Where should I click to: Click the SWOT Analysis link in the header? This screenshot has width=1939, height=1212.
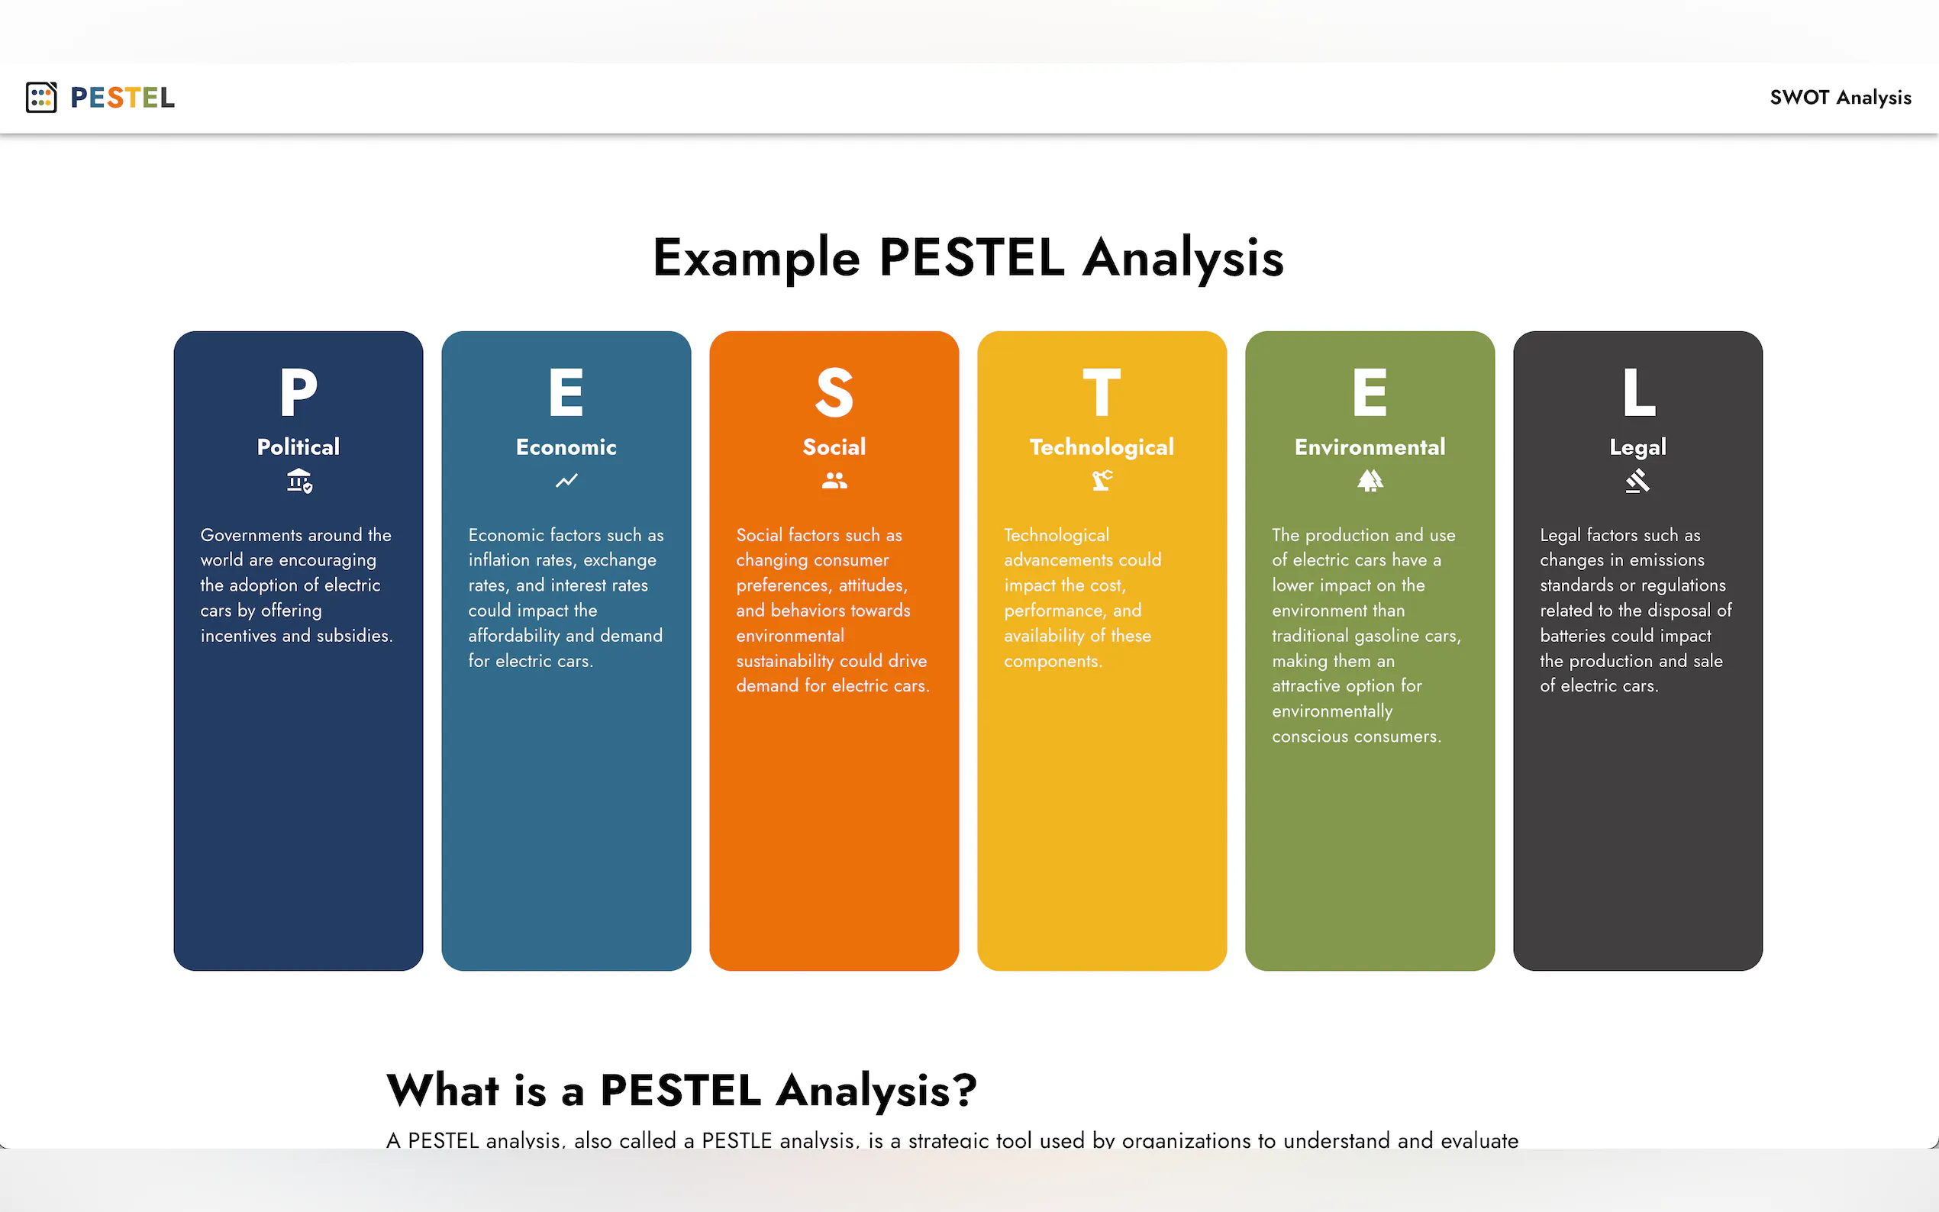click(x=1840, y=98)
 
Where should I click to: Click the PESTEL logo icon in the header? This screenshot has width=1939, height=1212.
click(x=41, y=97)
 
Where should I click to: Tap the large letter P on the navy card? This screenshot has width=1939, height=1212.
click(x=298, y=392)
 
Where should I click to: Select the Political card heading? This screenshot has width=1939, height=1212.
click(x=298, y=446)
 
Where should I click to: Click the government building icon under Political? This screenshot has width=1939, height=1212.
click(x=299, y=480)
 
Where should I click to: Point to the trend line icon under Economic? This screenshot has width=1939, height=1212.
click(x=566, y=480)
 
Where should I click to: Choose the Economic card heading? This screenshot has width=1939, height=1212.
click(x=566, y=446)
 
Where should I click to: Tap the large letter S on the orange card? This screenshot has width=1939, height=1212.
click(x=834, y=392)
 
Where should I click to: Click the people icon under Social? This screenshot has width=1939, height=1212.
click(x=834, y=480)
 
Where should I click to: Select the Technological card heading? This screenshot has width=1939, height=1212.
click(x=1102, y=447)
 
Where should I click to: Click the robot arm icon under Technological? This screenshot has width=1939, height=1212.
click(x=1102, y=480)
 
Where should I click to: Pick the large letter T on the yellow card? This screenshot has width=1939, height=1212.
click(x=1102, y=392)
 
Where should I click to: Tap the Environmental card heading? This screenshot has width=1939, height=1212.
click(x=1370, y=446)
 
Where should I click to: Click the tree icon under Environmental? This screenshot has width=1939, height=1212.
click(x=1370, y=480)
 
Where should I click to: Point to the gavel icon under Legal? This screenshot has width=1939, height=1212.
click(x=1637, y=480)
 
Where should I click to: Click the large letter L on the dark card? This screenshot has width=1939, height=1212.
click(x=1638, y=392)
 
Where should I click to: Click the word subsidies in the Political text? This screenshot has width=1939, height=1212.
click(x=353, y=636)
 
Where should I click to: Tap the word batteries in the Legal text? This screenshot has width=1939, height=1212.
click(x=1573, y=636)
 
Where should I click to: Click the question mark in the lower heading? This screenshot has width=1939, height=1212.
click(x=964, y=1090)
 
